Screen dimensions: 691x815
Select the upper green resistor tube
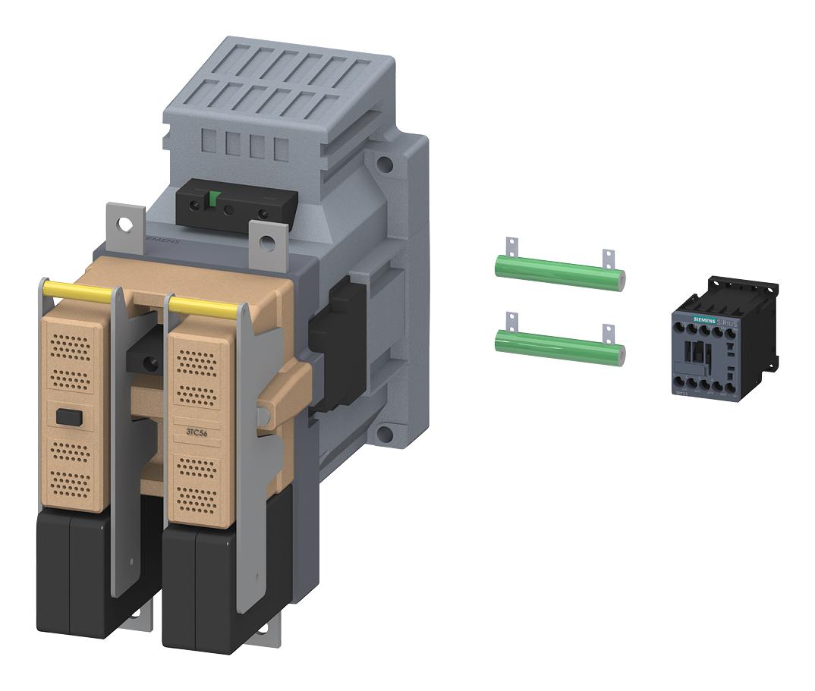[x=559, y=272]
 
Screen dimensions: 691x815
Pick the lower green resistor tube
[x=559, y=346]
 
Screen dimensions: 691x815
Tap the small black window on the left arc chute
[x=68, y=416]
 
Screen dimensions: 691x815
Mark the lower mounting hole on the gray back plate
[x=385, y=434]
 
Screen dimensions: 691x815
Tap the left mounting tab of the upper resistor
[x=511, y=247]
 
